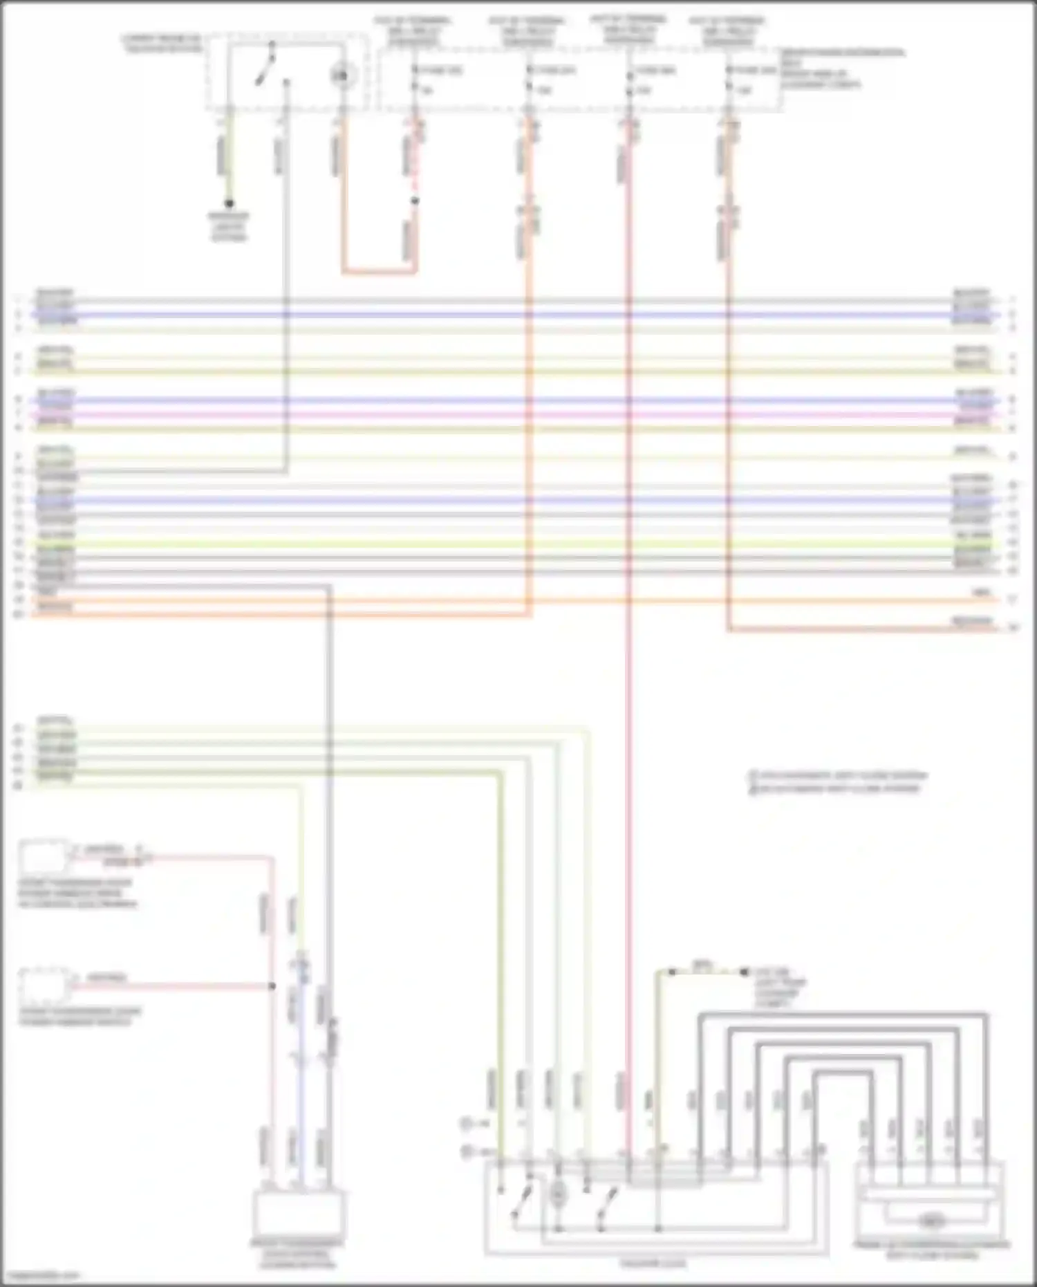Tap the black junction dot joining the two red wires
click(x=272, y=985)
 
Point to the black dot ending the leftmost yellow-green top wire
click(x=230, y=203)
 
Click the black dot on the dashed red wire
click(x=415, y=201)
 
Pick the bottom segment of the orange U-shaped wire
click(x=379, y=272)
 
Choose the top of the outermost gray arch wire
click(x=843, y=1015)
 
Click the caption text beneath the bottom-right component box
click(x=931, y=1250)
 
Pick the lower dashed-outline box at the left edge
click(x=44, y=986)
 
